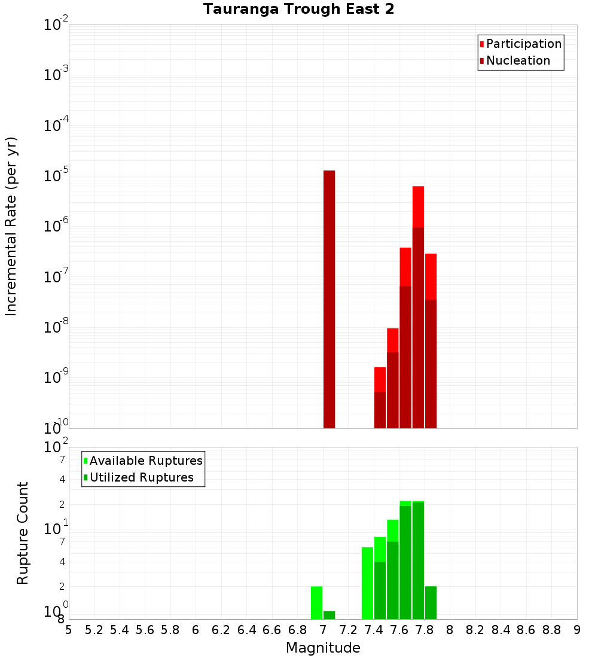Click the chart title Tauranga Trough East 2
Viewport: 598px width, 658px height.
(298, 9)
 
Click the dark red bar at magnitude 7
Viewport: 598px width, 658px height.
(329, 299)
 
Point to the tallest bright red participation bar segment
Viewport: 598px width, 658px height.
(418, 206)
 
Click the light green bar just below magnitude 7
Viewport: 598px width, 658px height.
(316, 602)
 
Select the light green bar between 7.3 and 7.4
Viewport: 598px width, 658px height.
(367, 583)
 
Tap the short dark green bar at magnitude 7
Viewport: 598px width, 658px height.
(329, 615)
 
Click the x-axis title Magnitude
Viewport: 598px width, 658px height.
(323, 648)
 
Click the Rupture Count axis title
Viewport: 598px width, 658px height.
(23, 532)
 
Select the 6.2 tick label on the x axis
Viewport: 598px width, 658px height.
(221, 630)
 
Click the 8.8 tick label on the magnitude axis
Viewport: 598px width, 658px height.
(551, 630)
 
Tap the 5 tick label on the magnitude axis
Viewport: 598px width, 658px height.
(69, 630)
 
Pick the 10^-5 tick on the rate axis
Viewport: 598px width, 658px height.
(56, 176)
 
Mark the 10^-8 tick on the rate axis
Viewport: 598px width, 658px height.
(56, 327)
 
